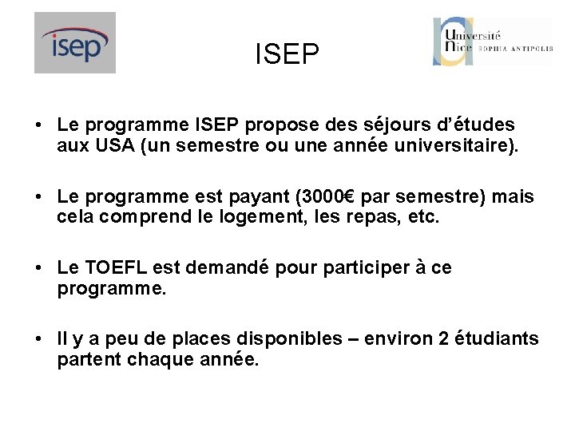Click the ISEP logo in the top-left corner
pos(75,43)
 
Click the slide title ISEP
pos(287,54)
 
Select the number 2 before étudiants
pos(443,338)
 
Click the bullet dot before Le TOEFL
pos(38,268)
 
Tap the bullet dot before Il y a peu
pos(38,339)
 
